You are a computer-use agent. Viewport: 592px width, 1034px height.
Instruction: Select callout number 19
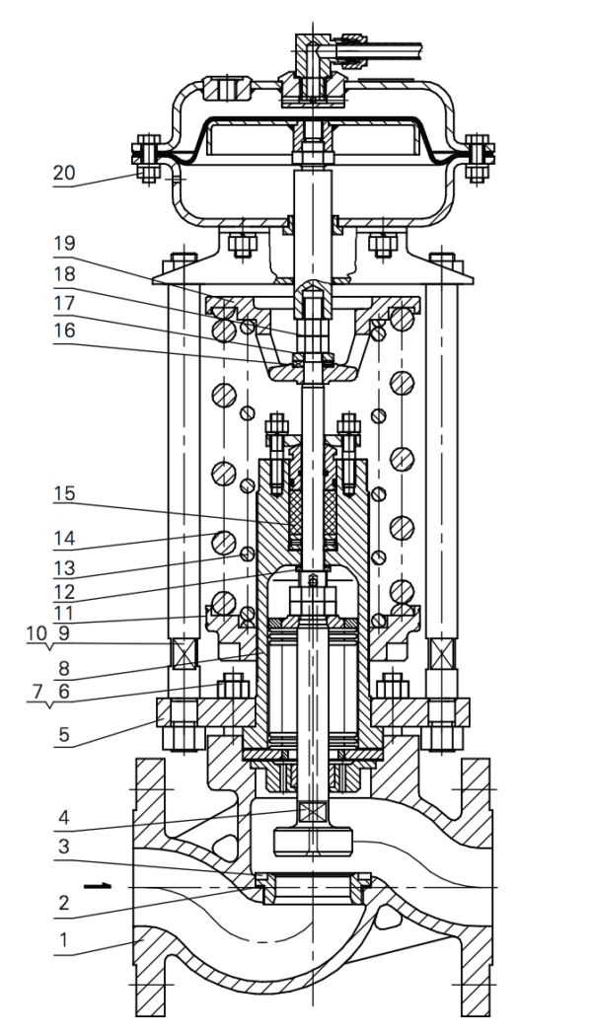(64, 243)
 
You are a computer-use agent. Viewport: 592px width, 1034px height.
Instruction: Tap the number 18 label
(64, 274)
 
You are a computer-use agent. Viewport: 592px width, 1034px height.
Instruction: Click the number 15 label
(64, 492)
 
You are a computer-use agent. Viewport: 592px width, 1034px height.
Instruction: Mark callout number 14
(64, 540)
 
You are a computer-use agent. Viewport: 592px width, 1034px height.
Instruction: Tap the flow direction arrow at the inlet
(96, 886)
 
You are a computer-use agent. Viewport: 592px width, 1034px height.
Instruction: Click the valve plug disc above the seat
(311, 841)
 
